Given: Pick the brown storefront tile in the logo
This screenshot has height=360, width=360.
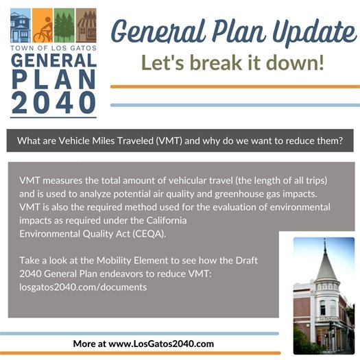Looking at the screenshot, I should (85, 27).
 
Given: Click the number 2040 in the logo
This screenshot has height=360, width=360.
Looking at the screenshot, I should (53, 101).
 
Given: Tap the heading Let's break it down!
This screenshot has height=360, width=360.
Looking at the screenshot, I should (232, 63).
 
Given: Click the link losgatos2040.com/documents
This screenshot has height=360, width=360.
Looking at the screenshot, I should (83, 287).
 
